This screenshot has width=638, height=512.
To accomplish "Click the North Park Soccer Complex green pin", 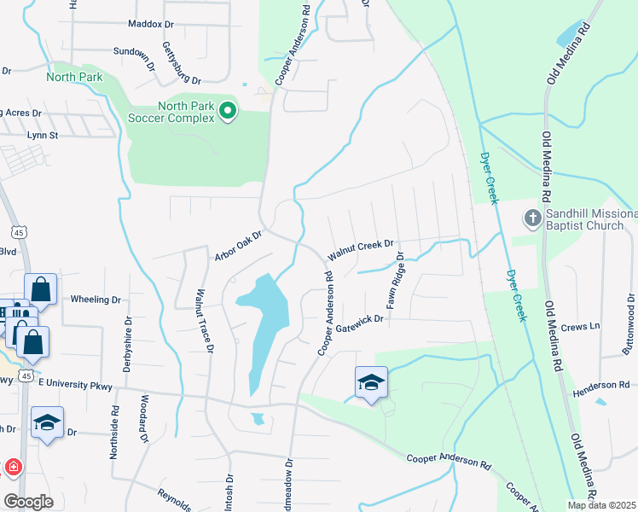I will pyautogui.click(x=228, y=111).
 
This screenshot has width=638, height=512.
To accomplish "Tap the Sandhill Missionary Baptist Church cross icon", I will pyautogui.click(x=531, y=218).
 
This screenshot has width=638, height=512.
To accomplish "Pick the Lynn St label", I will pyautogui.click(x=42, y=135).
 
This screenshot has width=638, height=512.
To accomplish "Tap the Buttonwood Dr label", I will pyautogui.click(x=630, y=325).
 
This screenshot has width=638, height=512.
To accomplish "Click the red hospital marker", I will pyautogui.click(x=13, y=467).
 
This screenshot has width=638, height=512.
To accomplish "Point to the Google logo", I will pyautogui.click(x=28, y=502).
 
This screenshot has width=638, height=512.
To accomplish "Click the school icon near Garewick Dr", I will pyautogui.click(x=372, y=382).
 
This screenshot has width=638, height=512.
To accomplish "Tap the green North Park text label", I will pyautogui.click(x=74, y=77).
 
